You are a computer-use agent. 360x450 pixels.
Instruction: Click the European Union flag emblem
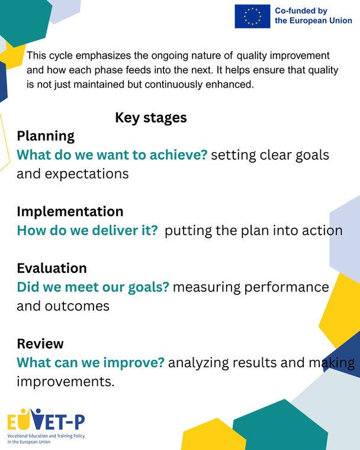(252, 17)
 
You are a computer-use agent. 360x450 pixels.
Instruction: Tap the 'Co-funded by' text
(301, 11)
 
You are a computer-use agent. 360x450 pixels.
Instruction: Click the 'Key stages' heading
(151, 118)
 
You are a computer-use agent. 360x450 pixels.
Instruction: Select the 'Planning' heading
(46, 136)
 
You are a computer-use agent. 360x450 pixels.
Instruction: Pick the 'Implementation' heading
(70, 211)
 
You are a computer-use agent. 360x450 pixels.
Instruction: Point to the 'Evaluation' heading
(52, 268)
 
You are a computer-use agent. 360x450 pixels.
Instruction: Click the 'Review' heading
(40, 343)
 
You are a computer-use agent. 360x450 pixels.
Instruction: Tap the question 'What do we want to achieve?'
(112, 155)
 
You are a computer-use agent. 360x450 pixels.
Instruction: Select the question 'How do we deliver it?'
(87, 230)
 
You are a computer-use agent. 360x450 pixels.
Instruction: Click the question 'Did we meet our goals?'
(93, 287)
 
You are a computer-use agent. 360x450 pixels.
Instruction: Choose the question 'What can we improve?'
(91, 363)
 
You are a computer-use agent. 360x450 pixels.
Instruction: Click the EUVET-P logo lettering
(46, 420)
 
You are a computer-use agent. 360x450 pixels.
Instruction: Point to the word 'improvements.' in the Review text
(66, 382)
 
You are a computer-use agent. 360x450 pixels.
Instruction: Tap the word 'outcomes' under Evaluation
(77, 306)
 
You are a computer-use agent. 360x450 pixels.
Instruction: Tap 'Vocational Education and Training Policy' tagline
(46, 436)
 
